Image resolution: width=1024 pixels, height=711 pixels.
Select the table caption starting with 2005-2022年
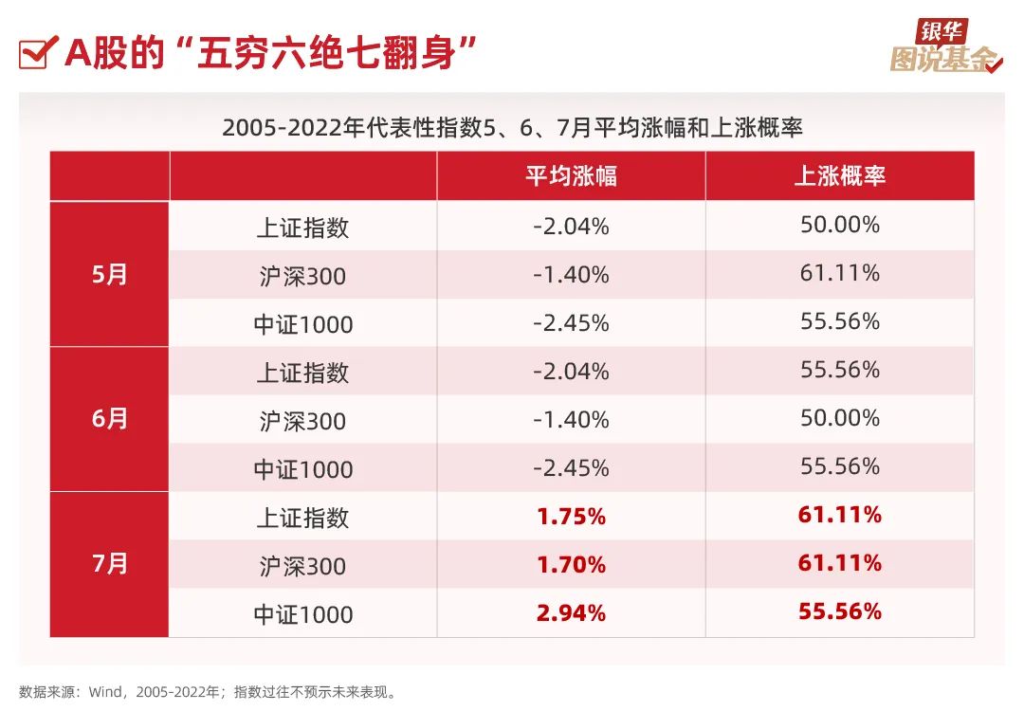coord(512,127)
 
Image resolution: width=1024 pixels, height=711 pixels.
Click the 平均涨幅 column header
coord(571,176)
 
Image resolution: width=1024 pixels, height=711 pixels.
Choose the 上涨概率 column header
coord(839,176)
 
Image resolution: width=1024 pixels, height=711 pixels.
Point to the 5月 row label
coord(110,275)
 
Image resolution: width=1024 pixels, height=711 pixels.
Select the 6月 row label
coord(110,419)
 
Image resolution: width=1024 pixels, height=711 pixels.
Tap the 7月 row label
coord(110,564)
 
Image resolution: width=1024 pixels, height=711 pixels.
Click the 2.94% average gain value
coord(571,613)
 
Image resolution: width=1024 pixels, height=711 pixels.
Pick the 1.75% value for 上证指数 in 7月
coord(571,517)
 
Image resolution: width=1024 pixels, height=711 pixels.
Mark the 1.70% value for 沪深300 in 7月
coord(571,566)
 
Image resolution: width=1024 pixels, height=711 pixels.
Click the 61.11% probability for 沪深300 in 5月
coord(839,274)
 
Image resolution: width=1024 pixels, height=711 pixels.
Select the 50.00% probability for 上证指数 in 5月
coord(839,226)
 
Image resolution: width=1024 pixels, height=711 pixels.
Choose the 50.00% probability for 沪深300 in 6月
coord(839,419)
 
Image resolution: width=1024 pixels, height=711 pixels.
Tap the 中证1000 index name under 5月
coord(302,324)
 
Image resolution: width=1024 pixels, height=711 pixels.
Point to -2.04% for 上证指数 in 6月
coord(571,372)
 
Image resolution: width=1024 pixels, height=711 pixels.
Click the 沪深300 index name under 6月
coord(302,421)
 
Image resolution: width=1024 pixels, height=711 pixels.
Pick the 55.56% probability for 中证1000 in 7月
coord(839,612)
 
